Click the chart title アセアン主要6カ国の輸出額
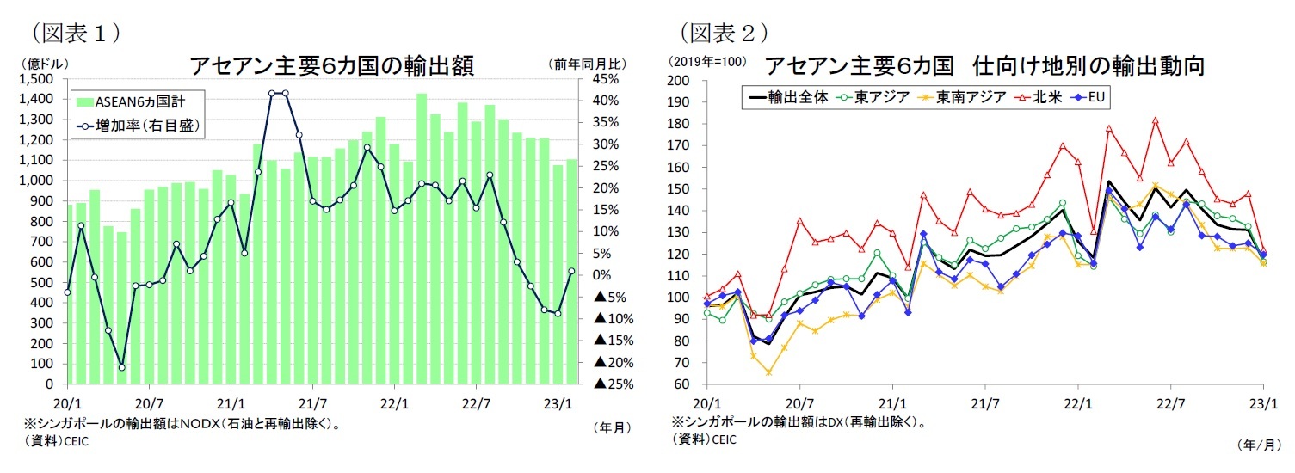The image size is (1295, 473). pyautogui.click(x=331, y=65)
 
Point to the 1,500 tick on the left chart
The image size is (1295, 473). pyautogui.click(x=36, y=79)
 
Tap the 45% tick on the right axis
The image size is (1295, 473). pyautogui.click(x=600, y=79)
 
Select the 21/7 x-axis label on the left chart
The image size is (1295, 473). pyautogui.click(x=312, y=402)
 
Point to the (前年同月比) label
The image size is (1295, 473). pyautogui.click(x=587, y=64)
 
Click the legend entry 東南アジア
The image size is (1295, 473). pyautogui.click(x=971, y=97)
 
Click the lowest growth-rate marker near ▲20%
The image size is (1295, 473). pyautogui.click(x=121, y=367)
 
